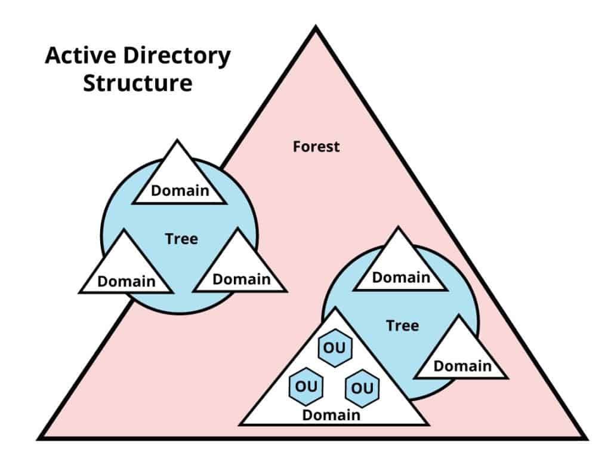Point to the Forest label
tap(316, 146)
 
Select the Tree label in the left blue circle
tap(181, 239)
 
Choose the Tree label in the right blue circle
tap(402, 325)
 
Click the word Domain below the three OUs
tap(331, 414)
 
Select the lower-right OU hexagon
tap(362, 387)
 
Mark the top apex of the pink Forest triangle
tap(315, 29)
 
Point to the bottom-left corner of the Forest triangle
tap(39, 437)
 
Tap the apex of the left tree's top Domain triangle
tap(178, 141)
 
